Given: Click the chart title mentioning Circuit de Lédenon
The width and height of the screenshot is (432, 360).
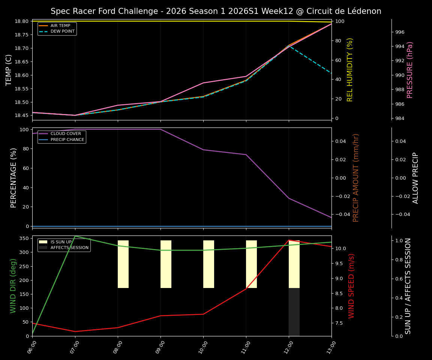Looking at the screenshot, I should click(x=216, y=11).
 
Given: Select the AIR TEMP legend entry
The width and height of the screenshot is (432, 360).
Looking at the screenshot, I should click(x=60, y=26).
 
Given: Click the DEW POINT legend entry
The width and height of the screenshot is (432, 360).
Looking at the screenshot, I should click(x=62, y=31).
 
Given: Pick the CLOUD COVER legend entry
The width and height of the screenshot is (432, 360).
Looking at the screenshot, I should click(x=66, y=134).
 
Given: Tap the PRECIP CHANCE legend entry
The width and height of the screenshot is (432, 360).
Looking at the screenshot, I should click(x=67, y=139).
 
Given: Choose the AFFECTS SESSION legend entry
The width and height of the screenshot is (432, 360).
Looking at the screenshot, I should click(x=69, y=248).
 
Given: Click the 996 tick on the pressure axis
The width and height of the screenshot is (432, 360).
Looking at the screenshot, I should click(x=400, y=32).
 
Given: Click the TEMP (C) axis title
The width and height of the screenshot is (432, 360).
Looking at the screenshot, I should click(x=9, y=70).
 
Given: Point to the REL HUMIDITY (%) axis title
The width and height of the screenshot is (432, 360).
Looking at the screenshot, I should click(x=350, y=70).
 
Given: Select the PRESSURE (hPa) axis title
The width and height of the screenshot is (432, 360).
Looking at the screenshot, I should click(x=410, y=70).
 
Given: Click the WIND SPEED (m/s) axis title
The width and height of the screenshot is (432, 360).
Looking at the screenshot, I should click(x=351, y=286).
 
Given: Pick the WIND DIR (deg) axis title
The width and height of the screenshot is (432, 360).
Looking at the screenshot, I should click(x=13, y=286).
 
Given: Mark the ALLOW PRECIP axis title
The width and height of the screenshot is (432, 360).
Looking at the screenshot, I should click(x=415, y=178).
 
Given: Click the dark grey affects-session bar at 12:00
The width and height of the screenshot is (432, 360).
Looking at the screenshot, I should click(x=294, y=312).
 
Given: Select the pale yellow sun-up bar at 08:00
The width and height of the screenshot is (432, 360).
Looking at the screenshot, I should click(x=123, y=264).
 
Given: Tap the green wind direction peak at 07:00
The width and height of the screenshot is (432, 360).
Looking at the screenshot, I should click(x=75, y=236).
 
